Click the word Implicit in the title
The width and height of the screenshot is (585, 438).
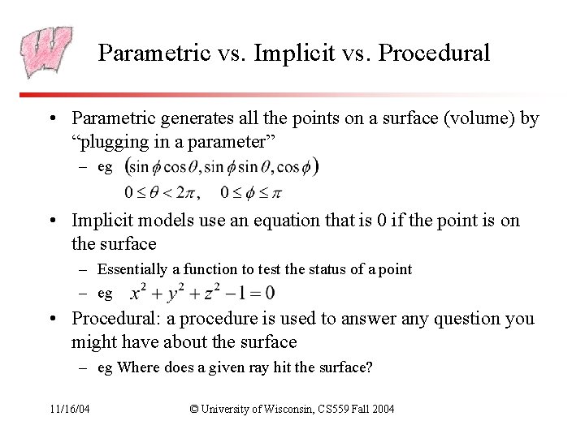[291, 54]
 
